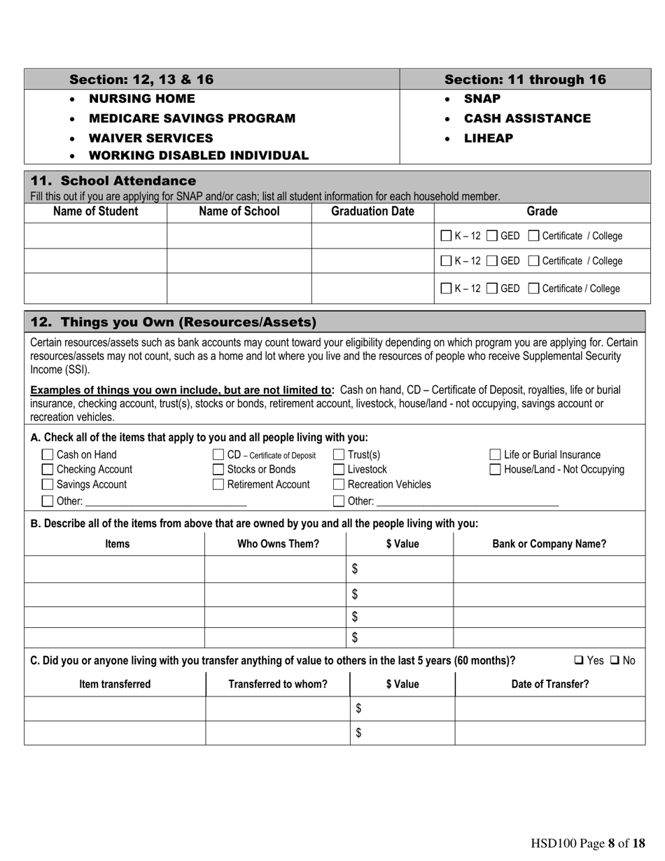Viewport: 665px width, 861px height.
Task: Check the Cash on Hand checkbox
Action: coord(48,455)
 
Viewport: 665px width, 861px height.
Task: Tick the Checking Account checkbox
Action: coord(48,470)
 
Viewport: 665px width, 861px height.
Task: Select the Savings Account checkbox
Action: coord(48,484)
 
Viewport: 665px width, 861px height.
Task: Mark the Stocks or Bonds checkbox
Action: coord(218,470)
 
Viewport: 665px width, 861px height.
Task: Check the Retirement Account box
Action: coord(218,484)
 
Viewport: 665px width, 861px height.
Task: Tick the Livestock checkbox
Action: coord(339,470)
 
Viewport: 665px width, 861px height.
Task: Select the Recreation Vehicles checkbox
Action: coord(339,484)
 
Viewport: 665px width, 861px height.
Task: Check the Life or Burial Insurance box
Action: coord(496,455)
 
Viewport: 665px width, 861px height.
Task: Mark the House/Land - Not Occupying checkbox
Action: coord(496,470)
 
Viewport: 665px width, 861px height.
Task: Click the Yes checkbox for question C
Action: coord(580,660)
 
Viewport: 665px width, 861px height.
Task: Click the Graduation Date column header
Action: coord(372,211)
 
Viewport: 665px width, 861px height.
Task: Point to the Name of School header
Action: coord(239,211)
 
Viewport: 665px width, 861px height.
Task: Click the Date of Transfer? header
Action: coord(549,685)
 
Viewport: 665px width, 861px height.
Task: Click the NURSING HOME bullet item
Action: coord(142,99)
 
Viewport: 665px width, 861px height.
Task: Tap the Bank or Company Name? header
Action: coord(549,544)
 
